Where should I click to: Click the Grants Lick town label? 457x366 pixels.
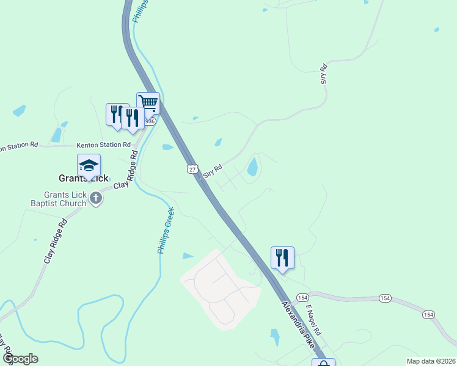pos(83,179)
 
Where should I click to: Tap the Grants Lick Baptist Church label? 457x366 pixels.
pos(60,199)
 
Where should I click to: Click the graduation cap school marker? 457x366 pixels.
pos(89,166)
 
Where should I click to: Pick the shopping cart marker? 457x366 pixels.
pos(148,103)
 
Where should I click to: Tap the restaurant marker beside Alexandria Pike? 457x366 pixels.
pos(282,258)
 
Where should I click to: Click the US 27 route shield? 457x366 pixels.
pos(193,170)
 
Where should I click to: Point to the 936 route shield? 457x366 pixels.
pos(150,122)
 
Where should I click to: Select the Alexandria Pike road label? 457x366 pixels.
pos(301,324)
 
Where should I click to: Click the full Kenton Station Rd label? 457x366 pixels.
pos(104,145)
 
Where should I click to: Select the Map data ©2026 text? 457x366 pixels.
pos(431,361)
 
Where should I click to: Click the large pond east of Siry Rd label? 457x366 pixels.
pos(252,167)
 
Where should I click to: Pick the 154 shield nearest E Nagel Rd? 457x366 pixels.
pos(302,297)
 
